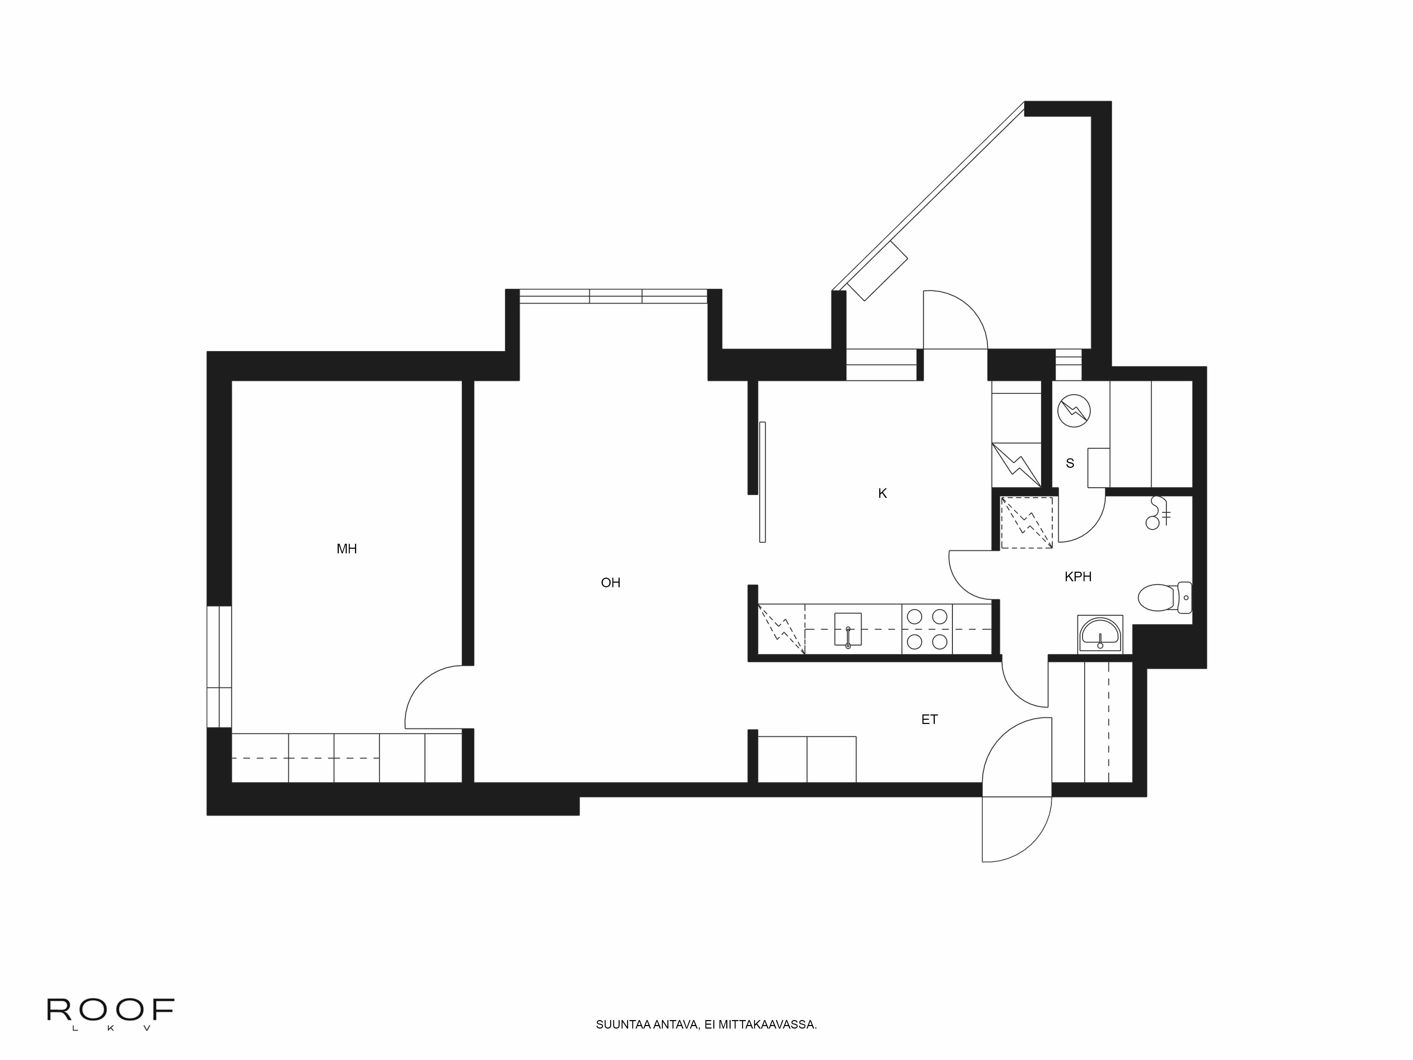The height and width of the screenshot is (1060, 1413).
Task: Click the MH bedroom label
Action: point(346,549)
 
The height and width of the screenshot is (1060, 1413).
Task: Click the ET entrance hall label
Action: point(929,719)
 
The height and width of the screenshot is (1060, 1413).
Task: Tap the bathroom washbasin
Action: point(1100,635)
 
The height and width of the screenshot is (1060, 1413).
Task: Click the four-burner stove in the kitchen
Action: point(927,629)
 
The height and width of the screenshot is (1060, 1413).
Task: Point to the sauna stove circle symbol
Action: point(1073,411)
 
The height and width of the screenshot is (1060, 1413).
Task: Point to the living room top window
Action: point(613,296)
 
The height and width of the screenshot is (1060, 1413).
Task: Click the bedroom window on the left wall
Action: point(219,666)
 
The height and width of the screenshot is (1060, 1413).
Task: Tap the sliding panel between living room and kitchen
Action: point(762,482)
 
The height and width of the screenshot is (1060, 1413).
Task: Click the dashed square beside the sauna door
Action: point(1026,523)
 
